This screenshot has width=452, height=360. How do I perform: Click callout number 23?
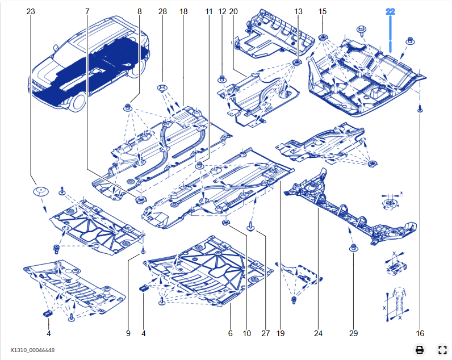[30, 11]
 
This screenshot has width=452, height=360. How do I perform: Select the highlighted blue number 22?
[390, 11]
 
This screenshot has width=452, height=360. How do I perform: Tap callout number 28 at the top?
[163, 11]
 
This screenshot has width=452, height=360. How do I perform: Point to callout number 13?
[299, 11]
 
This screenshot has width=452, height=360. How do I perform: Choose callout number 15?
[323, 11]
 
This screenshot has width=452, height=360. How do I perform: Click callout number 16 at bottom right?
[420, 333]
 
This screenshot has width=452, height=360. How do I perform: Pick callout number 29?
[353, 333]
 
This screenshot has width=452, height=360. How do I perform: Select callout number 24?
[318, 333]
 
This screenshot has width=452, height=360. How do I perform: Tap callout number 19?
[280, 333]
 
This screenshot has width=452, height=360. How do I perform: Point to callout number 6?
[231, 333]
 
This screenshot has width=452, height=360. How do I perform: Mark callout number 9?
[128, 333]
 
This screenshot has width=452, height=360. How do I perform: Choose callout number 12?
[222, 11]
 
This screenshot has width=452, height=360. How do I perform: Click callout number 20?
[233, 11]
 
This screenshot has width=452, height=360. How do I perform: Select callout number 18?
[183, 11]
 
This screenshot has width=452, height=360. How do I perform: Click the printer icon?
[419, 350]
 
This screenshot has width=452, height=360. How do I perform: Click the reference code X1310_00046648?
[32, 350]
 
